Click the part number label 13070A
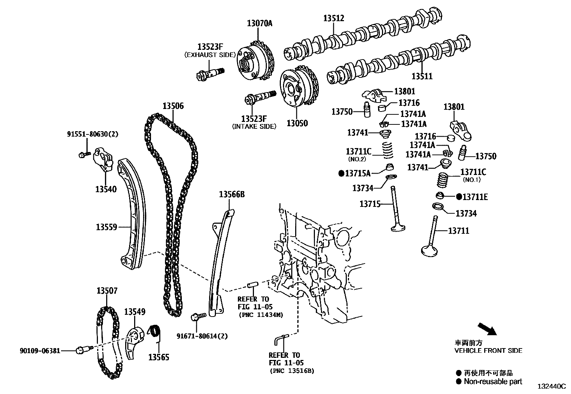(260, 24)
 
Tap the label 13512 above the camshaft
(334, 18)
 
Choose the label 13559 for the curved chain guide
(107, 227)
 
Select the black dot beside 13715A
(341, 174)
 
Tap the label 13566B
(232, 195)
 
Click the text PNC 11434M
(261, 315)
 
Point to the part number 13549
(135, 312)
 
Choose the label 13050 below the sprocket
(297, 123)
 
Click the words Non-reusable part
(493, 381)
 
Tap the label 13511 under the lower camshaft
(422, 76)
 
